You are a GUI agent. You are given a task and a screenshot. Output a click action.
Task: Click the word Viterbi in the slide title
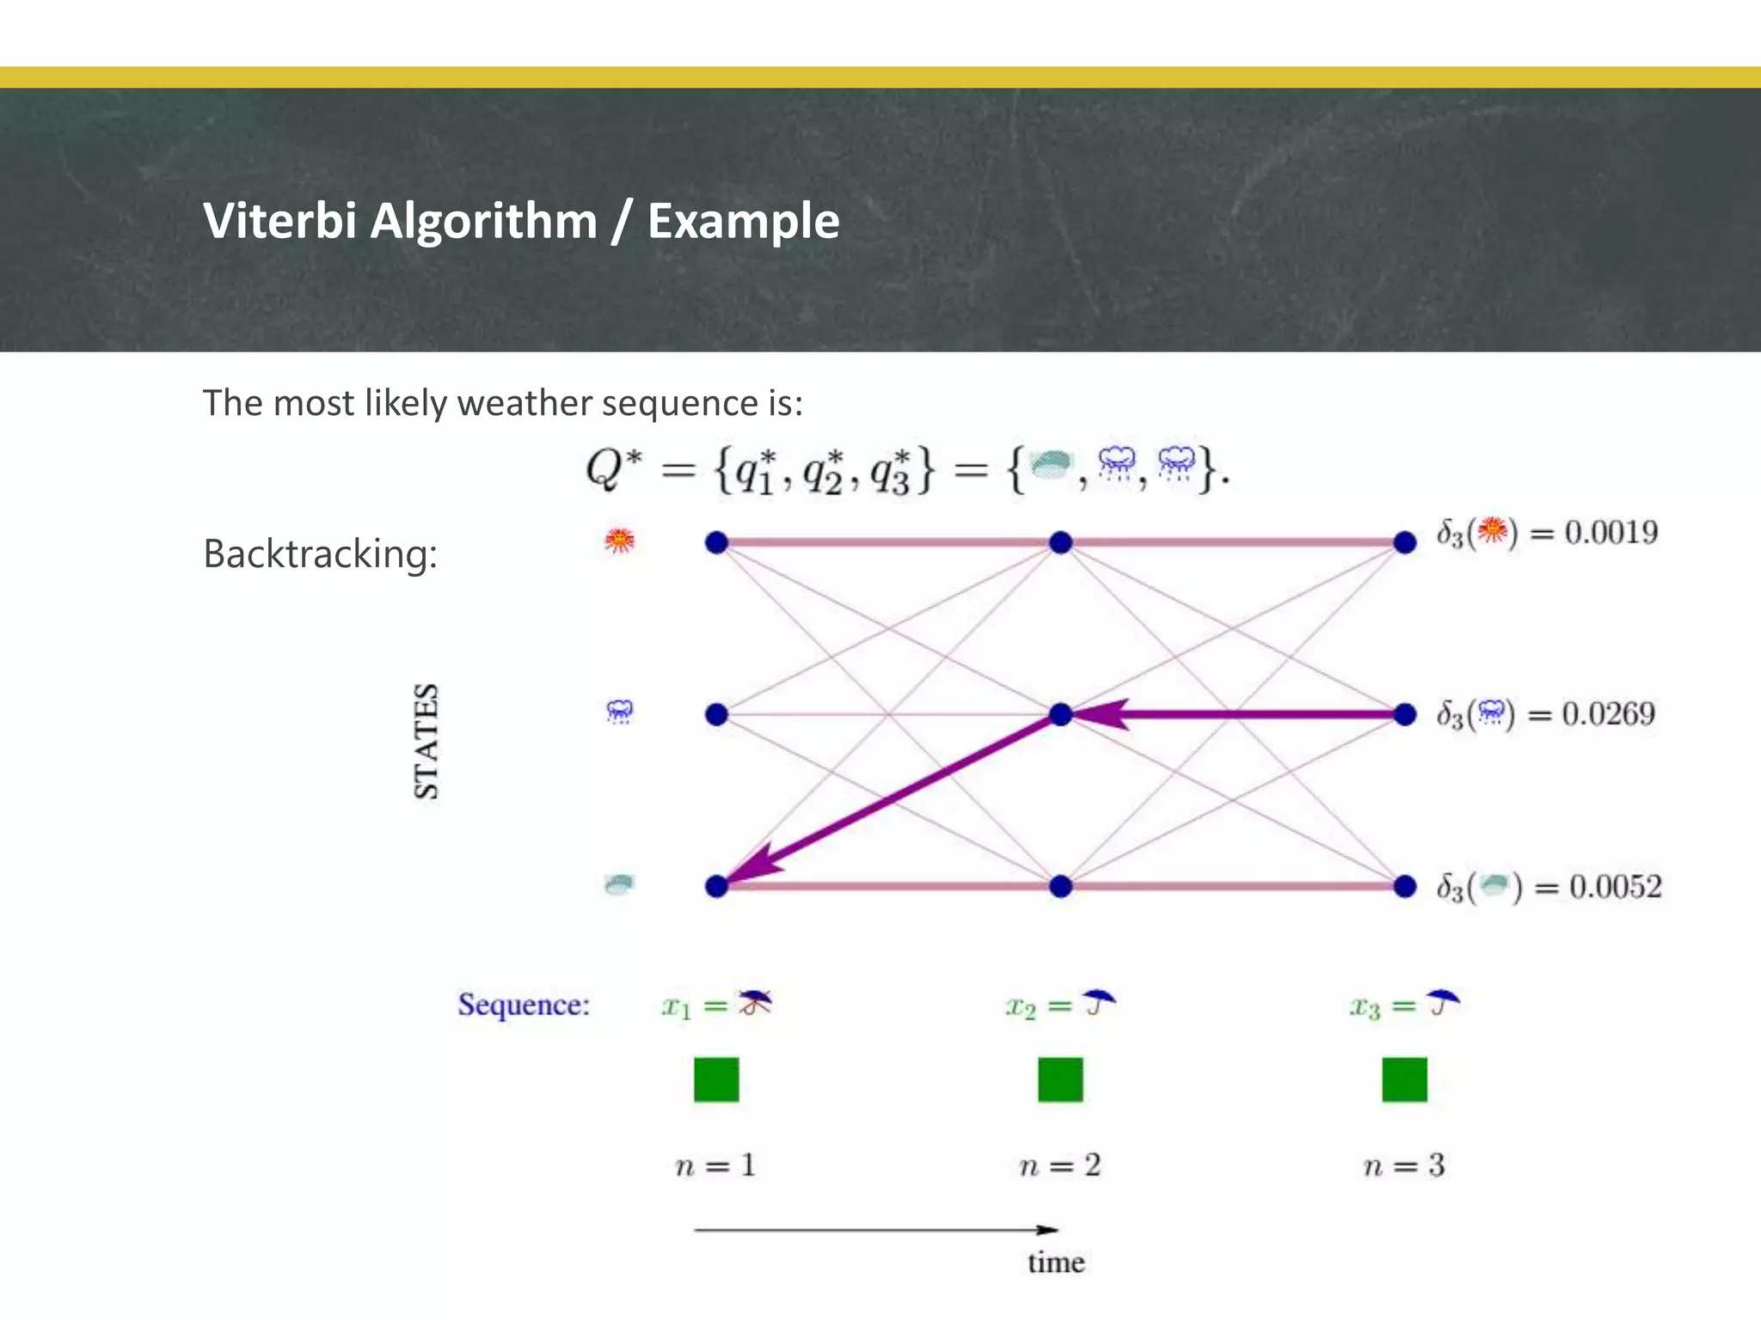point(279,221)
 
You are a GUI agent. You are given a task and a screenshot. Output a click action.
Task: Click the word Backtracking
point(320,553)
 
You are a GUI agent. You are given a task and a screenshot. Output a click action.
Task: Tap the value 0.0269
point(1608,714)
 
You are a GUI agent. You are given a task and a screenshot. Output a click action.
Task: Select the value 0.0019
point(1611,533)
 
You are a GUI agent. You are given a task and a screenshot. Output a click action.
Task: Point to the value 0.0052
point(1615,887)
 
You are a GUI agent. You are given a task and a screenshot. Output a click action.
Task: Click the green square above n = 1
point(716,1079)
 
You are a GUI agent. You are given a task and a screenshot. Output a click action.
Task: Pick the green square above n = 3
point(1404,1079)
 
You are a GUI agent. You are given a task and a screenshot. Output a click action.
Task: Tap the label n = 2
point(1059,1166)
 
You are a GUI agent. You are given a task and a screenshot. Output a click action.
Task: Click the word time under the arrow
point(1056,1262)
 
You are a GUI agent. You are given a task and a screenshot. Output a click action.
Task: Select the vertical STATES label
point(426,741)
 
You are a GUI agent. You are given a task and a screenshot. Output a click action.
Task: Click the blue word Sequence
point(524,1005)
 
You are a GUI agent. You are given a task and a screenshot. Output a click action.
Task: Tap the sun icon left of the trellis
point(619,541)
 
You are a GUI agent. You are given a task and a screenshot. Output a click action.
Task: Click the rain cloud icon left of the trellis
point(619,712)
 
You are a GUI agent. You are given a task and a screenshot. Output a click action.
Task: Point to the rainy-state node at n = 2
point(1060,714)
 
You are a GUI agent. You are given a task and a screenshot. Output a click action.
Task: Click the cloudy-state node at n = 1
point(716,886)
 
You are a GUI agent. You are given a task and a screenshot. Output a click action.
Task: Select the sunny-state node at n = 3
point(1404,542)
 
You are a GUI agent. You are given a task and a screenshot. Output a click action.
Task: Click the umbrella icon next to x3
point(1443,1002)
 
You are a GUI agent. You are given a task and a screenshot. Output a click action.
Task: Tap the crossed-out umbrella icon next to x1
point(755,1003)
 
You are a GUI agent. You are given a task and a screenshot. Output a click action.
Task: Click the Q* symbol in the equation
point(612,469)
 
